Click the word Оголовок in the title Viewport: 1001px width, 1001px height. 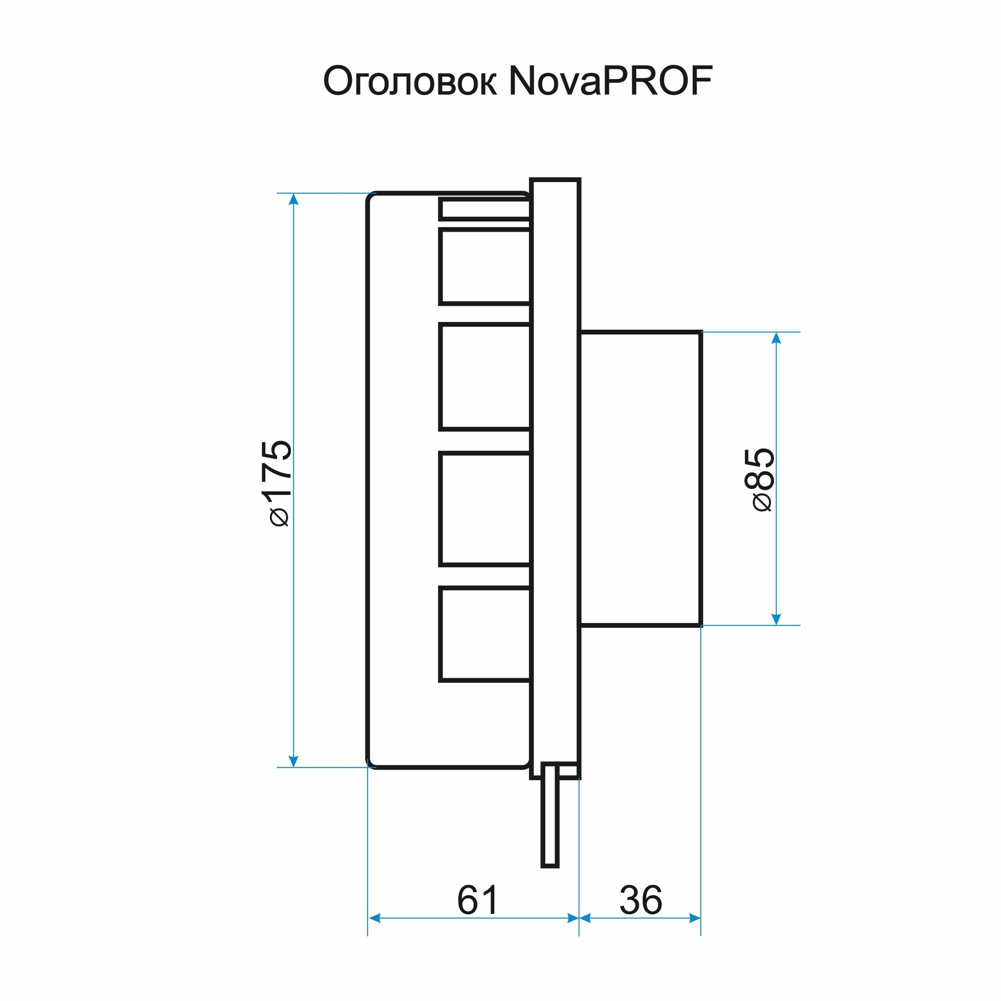(409, 82)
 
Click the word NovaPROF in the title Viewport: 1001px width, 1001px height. (611, 82)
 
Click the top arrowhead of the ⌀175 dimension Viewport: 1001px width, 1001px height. (293, 200)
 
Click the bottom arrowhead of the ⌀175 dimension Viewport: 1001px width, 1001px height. (293, 760)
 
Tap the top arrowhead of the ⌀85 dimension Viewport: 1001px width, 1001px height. (776, 338)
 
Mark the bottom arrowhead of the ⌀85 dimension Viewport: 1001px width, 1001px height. (776, 619)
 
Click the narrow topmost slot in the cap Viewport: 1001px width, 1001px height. (484, 209)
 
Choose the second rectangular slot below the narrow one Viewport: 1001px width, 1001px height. (484, 377)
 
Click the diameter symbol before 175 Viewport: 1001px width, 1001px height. (280, 517)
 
